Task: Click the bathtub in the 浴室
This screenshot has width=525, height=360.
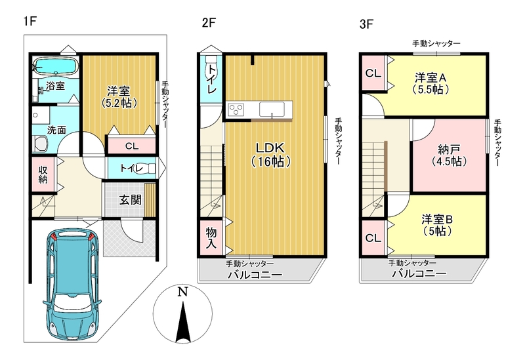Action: [x=56, y=67]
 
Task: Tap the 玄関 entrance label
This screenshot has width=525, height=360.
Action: [x=130, y=200]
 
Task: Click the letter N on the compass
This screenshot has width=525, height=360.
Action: [x=182, y=292]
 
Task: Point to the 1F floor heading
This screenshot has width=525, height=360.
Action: [x=30, y=22]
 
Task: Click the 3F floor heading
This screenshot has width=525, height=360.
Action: [x=366, y=24]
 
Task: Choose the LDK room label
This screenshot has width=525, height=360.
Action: [x=270, y=148]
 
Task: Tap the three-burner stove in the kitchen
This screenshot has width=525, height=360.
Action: [x=236, y=110]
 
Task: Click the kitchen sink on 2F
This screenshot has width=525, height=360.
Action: [x=272, y=110]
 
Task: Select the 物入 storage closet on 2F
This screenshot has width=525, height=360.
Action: [x=211, y=237]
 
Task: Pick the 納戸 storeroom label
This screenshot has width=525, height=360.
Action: [x=449, y=149]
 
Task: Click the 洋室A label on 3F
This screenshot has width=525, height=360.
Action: [x=430, y=77]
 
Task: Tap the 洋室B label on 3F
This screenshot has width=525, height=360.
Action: [x=437, y=220]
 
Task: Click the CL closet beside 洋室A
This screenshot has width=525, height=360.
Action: [x=373, y=73]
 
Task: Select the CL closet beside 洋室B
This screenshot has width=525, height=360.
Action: [x=373, y=238]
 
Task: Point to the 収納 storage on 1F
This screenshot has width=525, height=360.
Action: [x=43, y=174]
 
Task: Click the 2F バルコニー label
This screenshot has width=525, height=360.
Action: [x=255, y=275]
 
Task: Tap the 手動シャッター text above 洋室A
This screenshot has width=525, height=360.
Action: [x=436, y=43]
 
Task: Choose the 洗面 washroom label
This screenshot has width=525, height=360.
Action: [x=56, y=130]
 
